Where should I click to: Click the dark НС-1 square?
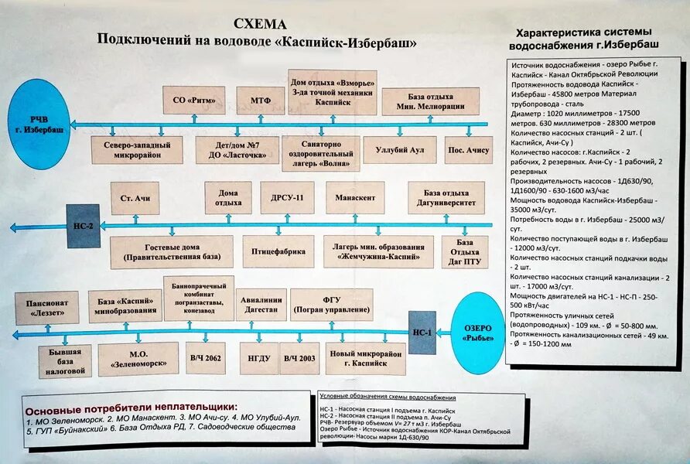tap(422, 333)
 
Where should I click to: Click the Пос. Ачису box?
tap(468, 148)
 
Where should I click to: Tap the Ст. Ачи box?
tap(135, 199)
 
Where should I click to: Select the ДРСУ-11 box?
tap(287, 198)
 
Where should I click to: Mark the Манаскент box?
tap(355, 198)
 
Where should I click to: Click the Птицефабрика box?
tap(278, 251)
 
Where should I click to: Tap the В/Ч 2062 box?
tap(205, 358)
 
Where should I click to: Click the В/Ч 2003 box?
tap(300, 358)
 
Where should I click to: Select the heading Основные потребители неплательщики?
tap(132, 408)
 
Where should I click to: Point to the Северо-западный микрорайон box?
tap(137, 149)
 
